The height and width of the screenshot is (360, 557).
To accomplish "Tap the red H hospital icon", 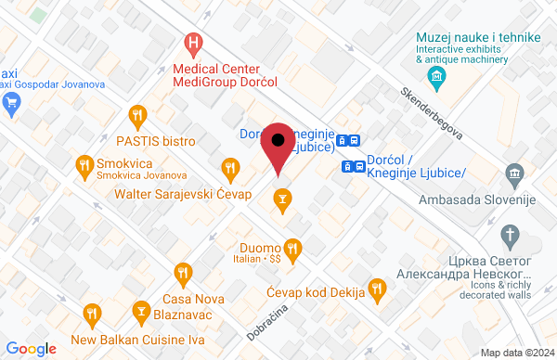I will [193, 42].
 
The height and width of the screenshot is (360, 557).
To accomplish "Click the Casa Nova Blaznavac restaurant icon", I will [181, 273].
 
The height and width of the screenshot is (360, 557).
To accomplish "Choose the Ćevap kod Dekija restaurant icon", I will [376, 289].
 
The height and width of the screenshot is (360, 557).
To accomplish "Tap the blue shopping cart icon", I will [13, 103].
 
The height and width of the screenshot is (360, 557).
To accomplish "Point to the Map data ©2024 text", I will [515, 352].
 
